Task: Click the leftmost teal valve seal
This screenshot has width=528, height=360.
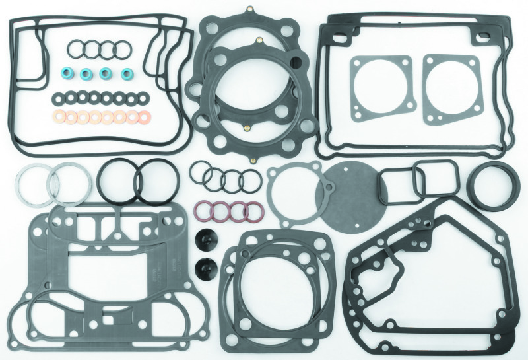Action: coord(67,73)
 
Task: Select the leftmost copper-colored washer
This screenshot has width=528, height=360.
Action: coord(59,118)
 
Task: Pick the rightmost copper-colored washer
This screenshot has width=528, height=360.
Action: coord(144,118)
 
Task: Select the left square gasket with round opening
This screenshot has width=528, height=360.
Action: coord(379,86)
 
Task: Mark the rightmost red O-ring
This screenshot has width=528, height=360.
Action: coord(254,211)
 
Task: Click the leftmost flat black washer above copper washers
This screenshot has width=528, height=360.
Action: coord(58,98)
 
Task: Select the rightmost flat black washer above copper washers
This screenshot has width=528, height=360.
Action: coord(143,98)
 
